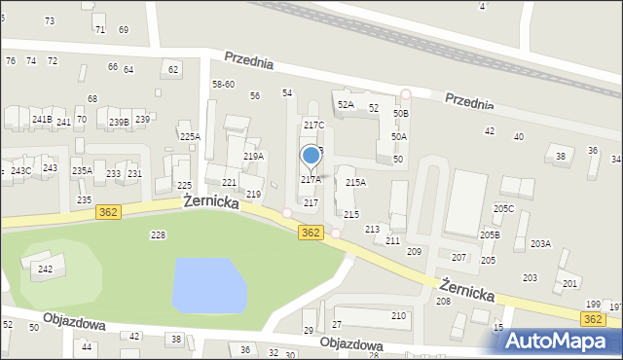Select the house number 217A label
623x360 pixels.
pyautogui.click(x=311, y=180)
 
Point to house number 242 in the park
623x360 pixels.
pyautogui.click(x=45, y=269)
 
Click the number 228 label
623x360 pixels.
pyautogui.click(x=158, y=235)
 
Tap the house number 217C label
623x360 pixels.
pyautogui.click(x=313, y=126)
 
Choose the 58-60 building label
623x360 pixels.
pyautogui.click(x=223, y=85)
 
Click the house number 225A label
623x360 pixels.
pyautogui.click(x=190, y=137)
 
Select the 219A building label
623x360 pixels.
pyautogui.click(x=253, y=157)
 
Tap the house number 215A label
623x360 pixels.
pyautogui.click(x=355, y=183)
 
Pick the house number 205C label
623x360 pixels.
pyautogui.click(x=503, y=208)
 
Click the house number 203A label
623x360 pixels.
pyautogui.click(x=540, y=244)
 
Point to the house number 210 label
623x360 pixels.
pyautogui.click(x=398, y=316)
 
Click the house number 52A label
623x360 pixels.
pyautogui.click(x=346, y=105)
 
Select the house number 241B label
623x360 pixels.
pyautogui.click(x=42, y=120)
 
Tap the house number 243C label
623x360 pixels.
pyautogui.click(x=21, y=171)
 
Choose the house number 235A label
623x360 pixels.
pyautogui.click(x=82, y=171)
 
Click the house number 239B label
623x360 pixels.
pyautogui.click(x=119, y=122)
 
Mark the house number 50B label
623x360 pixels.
pyautogui.click(x=401, y=114)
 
